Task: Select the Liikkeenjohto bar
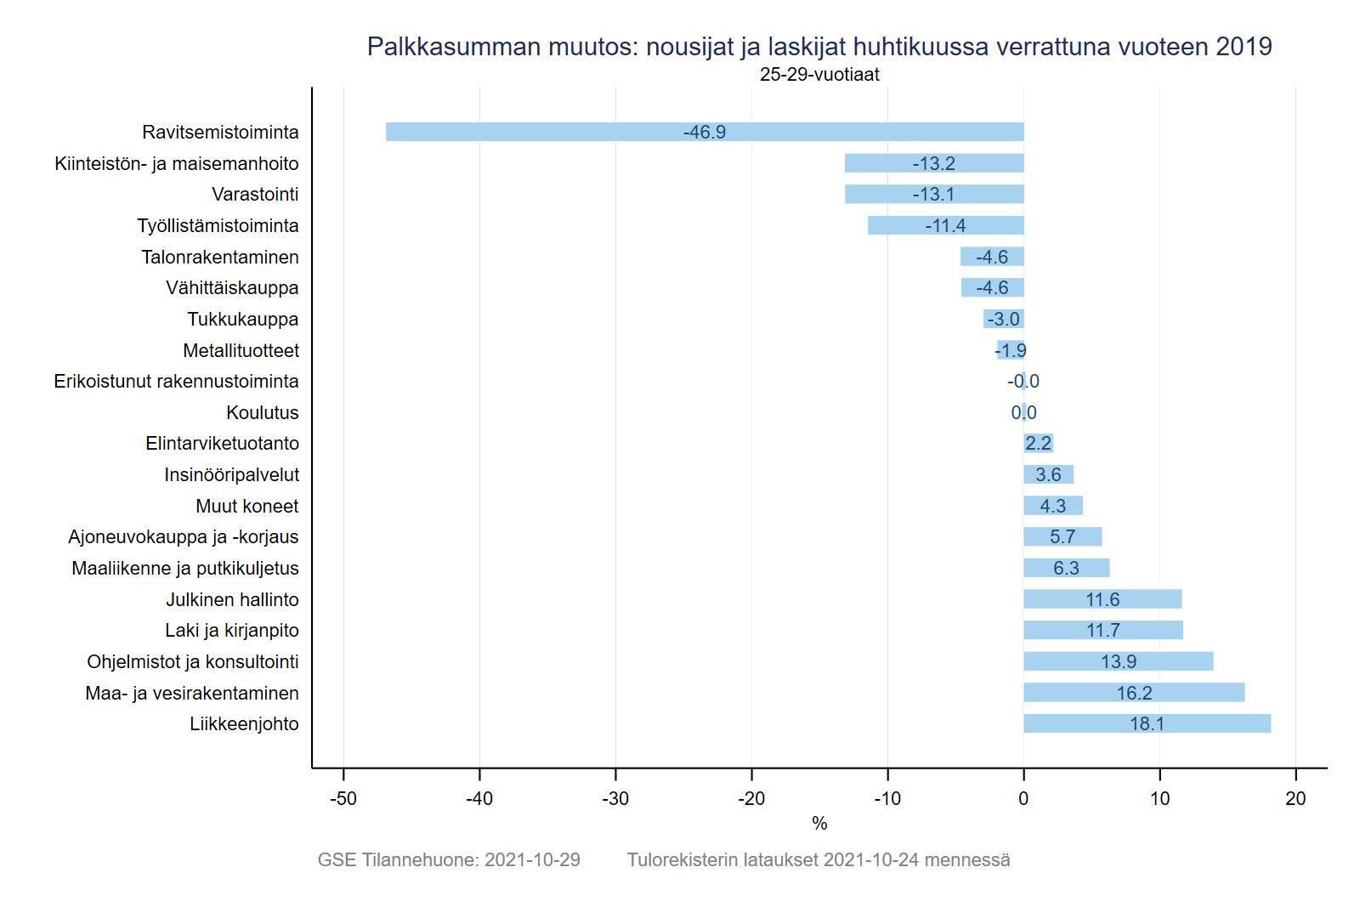pos(1147,723)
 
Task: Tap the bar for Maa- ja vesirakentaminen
pos(1134,693)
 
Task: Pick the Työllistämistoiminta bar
pos(945,225)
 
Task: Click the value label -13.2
pos(933,163)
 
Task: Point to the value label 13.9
pos(1118,661)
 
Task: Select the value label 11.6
pos(1102,599)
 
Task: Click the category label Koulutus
pos(262,412)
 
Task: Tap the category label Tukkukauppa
pos(242,319)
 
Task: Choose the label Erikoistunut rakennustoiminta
pos(176,381)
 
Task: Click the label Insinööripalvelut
pos(231,474)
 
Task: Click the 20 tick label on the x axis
pos(1295,798)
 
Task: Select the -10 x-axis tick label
pos(887,798)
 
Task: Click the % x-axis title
pos(819,823)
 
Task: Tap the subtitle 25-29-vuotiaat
pos(819,75)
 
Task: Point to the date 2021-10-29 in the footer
pos(532,859)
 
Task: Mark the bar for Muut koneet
pos(1053,506)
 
